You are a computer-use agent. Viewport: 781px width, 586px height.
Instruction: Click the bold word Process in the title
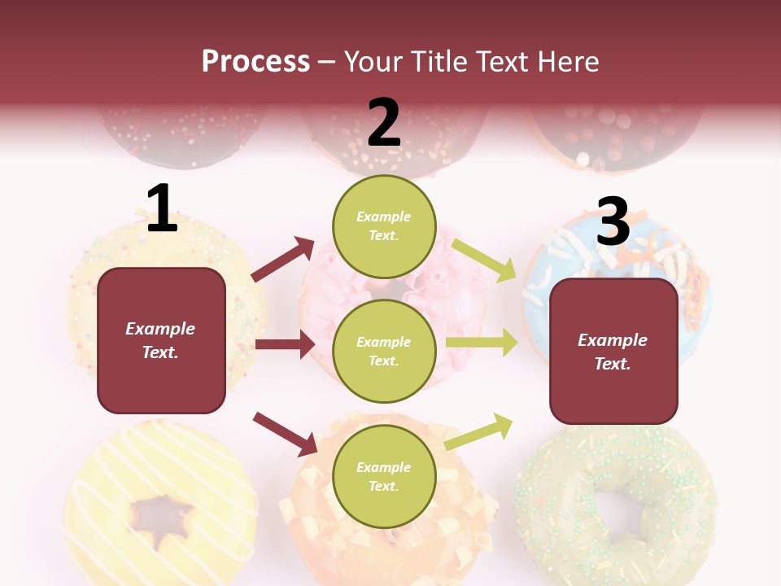coord(255,62)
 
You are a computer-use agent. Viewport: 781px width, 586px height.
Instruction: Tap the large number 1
coord(162,209)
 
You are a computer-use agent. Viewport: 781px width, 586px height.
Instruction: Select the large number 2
coord(384,123)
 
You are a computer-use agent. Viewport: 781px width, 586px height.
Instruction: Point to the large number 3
coord(613,222)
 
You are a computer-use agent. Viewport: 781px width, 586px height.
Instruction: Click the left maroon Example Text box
coord(161,340)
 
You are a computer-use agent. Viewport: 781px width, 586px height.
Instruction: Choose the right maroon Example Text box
coord(613,352)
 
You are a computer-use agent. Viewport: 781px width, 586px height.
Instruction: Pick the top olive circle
coord(384,226)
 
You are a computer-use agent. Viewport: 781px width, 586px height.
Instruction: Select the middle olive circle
coord(384,352)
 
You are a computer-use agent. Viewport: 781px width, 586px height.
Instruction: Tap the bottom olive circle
coord(384,476)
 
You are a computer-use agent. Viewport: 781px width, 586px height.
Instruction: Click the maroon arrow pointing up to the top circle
coord(282,260)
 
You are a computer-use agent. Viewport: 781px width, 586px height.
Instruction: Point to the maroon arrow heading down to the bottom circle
coord(285,433)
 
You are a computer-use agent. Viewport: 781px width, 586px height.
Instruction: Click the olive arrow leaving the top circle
coord(483,260)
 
